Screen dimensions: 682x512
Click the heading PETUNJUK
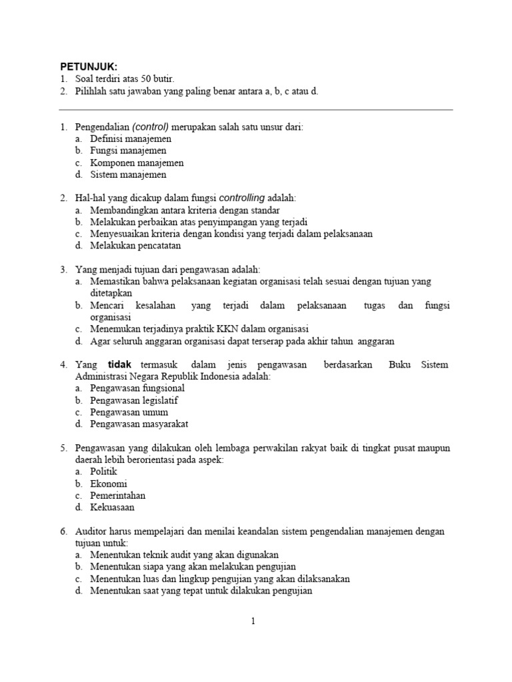pos(89,67)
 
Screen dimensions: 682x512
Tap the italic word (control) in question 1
pos(151,127)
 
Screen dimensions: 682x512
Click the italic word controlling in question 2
pos(241,198)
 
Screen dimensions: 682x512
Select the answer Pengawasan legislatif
pos(134,400)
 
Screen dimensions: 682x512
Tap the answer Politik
pos(103,472)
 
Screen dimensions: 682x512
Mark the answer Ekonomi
pos(108,484)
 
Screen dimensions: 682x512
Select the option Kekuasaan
pos(112,508)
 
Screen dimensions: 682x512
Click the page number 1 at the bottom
pos(253,621)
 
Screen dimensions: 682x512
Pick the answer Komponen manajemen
pos(137,163)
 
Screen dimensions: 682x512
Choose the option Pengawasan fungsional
pos(137,388)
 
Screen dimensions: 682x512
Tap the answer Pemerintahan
pos(117,496)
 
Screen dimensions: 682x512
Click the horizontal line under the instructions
pos(256,110)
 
